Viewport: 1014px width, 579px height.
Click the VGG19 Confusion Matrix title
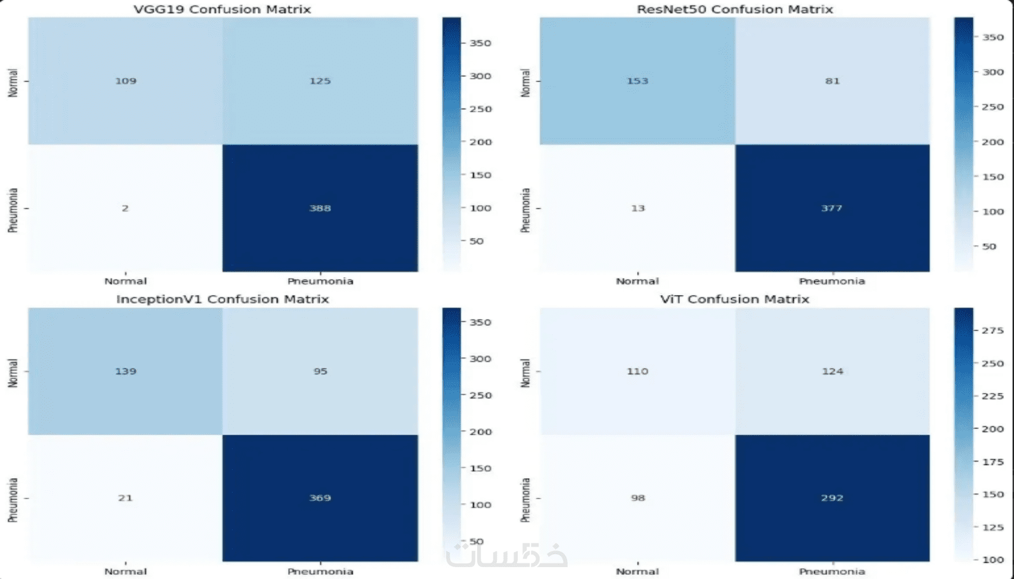(x=222, y=10)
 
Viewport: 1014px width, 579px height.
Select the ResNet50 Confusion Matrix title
(x=734, y=10)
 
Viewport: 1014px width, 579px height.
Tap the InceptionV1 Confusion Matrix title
(x=222, y=299)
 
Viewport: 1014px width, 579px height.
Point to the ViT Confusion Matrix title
(x=734, y=299)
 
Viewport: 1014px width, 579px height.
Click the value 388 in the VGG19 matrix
(x=320, y=208)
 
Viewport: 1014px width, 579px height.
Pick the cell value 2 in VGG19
(x=125, y=208)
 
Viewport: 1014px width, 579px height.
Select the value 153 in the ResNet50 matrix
(x=637, y=81)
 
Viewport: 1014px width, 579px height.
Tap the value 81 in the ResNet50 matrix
(x=832, y=81)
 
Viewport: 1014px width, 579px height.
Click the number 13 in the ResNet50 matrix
(x=638, y=208)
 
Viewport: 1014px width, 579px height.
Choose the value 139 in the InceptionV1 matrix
(x=125, y=371)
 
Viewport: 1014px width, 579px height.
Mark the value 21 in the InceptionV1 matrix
(x=125, y=498)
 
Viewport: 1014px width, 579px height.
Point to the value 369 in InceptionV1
(x=320, y=498)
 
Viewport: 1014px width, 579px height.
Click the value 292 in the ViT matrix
(x=831, y=498)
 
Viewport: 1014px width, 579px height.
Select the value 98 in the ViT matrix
(x=638, y=498)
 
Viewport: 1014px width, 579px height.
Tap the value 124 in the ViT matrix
(x=832, y=371)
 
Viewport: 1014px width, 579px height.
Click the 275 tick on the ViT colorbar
(x=993, y=330)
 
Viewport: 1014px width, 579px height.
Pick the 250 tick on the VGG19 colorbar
(x=480, y=109)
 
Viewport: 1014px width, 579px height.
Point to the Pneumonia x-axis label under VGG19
(x=320, y=281)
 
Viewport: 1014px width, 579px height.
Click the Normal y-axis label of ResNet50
(x=525, y=82)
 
